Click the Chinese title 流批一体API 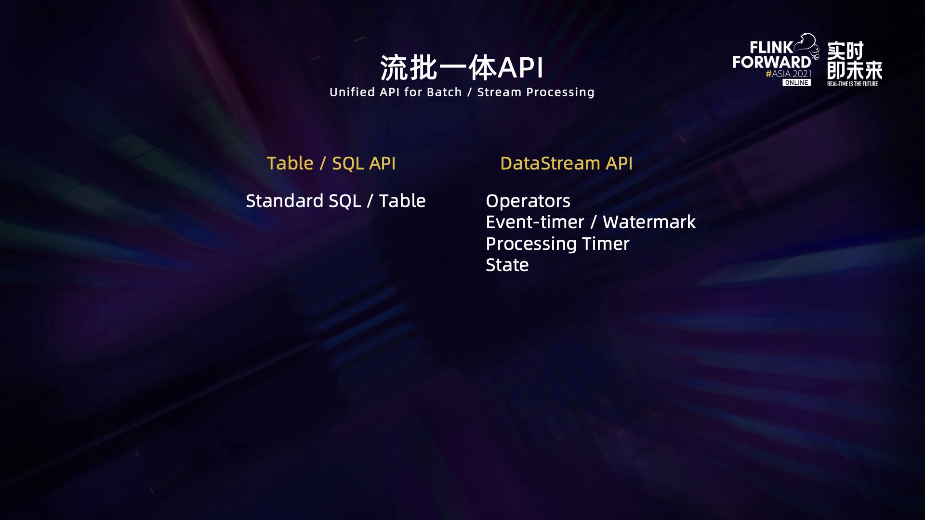click(462, 67)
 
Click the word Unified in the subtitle click(352, 92)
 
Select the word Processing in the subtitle click(560, 92)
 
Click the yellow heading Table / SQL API click(331, 163)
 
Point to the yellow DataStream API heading click(567, 163)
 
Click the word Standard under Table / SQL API click(284, 201)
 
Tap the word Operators click(528, 201)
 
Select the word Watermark click(649, 222)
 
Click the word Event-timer click(535, 222)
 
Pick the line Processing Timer click(558, 244)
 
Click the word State click(507, 265)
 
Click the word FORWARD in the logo click(772, 62)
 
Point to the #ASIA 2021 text click(789, 74)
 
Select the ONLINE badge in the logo click(796, 83)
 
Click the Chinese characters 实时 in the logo click(846, 51)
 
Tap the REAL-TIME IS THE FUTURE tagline click(853, 84)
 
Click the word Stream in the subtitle click(499, 92)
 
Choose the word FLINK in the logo click(771, 48)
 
